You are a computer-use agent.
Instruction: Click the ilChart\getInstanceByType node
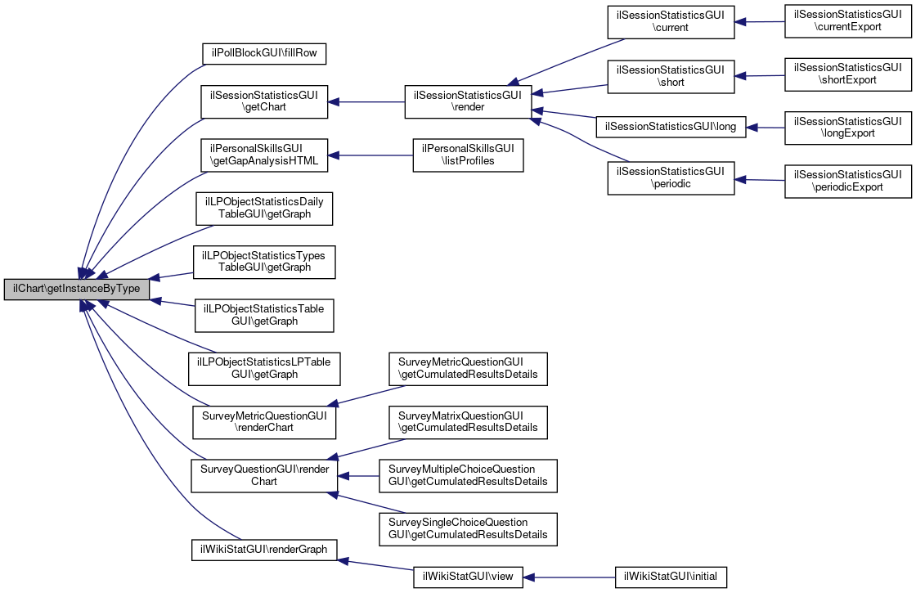click(77, 290)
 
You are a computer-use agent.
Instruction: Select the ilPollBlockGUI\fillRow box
click(263, 53)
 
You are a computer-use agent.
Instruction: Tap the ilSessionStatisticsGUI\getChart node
click(264, 101)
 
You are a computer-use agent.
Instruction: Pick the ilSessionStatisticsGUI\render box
click(468, 101)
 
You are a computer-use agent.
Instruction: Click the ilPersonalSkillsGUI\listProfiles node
click(468, 155)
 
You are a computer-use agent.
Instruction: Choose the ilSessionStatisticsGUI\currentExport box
click(847, 21)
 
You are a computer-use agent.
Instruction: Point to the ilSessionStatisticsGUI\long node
click(671, 127)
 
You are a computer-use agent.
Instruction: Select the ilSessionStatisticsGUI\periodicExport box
click(847, 181)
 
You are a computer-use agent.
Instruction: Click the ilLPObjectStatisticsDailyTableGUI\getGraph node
click(264, 209)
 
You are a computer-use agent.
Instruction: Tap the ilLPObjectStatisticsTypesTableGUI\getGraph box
click(264, 262)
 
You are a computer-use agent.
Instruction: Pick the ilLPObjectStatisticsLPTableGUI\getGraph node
click(264, 369)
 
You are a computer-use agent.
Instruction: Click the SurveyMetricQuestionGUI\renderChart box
click(264, 422)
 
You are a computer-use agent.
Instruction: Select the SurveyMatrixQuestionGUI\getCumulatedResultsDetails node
click(468, 422)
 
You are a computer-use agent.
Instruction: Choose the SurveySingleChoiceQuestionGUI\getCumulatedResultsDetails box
click(468, 529)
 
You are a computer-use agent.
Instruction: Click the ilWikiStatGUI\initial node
click(671, 577)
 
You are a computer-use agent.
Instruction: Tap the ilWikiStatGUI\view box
click(468, 577)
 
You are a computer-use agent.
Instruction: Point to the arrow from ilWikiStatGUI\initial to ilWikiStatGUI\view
click(569, 577)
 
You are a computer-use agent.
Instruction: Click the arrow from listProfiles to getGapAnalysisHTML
click(370, 155)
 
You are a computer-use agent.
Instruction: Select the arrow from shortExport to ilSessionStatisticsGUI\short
click(760, 76)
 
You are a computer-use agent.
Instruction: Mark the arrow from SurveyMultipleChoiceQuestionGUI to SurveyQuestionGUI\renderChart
click(358, 476)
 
